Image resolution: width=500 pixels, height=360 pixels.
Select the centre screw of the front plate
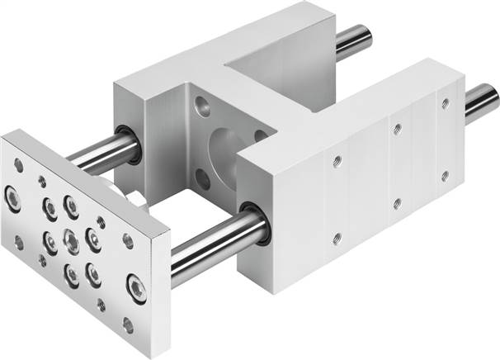pos(71,241)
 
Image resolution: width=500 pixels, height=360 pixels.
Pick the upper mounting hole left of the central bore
pos(200,105)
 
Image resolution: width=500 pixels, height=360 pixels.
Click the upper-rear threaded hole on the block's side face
pos(446,104)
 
